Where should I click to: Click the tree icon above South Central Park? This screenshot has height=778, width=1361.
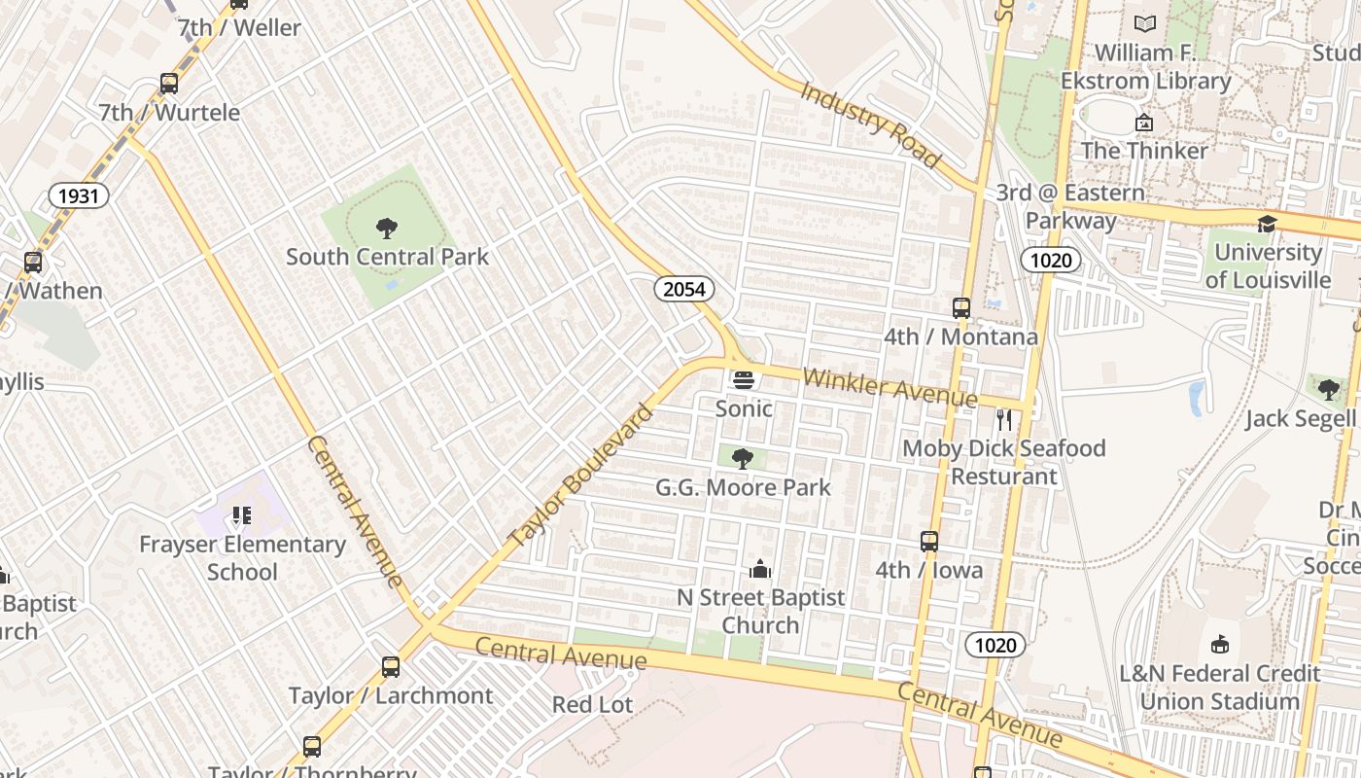(387, 230)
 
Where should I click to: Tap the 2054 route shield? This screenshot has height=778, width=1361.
(683, 289)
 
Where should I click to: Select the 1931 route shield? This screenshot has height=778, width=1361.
(79, 196)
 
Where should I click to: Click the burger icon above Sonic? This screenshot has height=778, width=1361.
(744, 380)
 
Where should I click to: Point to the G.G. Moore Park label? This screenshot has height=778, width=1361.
(743, 487)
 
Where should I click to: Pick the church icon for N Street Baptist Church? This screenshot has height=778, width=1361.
(760, 569)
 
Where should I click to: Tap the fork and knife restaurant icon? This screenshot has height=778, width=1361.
(1004, 420)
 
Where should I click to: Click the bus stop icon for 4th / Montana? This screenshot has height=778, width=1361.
(961, 308)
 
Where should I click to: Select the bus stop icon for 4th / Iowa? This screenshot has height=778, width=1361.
(929, 542)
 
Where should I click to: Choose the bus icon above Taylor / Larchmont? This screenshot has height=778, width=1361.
(391, 667)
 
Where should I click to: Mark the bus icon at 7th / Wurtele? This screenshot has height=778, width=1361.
(169, 84)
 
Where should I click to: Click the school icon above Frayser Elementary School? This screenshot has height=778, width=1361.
(241, 515)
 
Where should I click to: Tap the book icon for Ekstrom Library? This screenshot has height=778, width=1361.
(1145, 24)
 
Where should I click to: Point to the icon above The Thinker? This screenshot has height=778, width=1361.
(1144, 123)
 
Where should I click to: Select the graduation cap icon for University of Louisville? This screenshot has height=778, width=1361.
(1267, 225)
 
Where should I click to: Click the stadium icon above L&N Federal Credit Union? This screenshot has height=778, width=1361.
(1220, 645)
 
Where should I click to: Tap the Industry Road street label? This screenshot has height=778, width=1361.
(870, 124)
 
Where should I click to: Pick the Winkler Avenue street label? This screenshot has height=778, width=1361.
(890, 387)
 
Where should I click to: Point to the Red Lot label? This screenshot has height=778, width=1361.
(592, 704)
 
